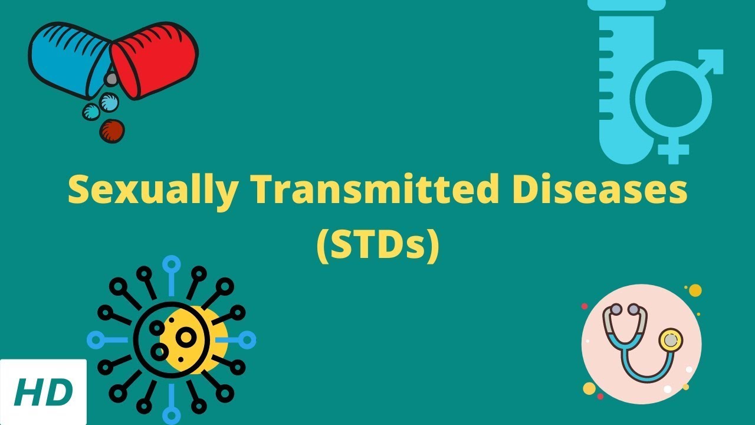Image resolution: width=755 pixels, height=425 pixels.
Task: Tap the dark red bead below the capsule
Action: [111, 130]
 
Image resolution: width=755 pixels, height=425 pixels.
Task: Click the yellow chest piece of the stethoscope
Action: [670, 341]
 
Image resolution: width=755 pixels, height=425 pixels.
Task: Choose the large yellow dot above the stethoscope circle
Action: [695, 290]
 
